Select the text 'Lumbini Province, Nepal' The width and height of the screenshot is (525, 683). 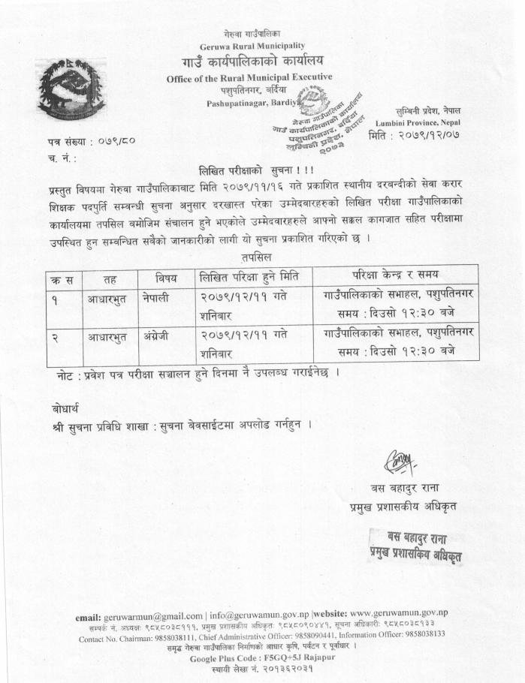[x=439, y=121]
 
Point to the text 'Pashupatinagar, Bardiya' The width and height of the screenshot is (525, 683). [x=251, y=103]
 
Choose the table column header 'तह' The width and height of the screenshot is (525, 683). [x=110, y=277]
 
